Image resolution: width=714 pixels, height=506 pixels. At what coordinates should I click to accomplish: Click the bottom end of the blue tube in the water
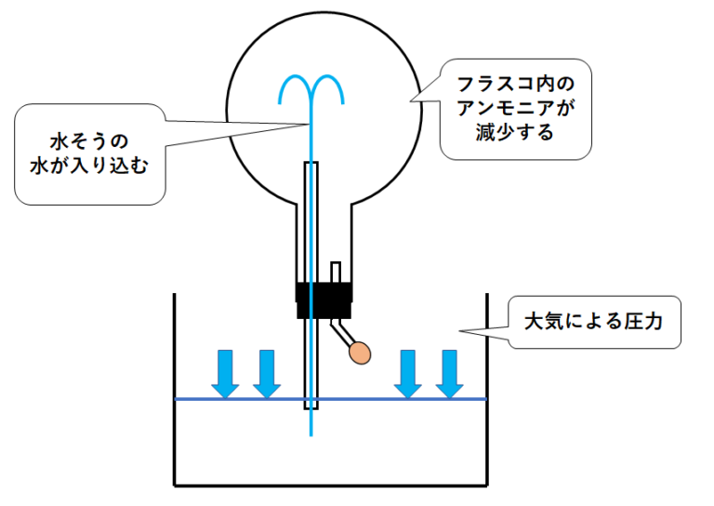tap(311, 432)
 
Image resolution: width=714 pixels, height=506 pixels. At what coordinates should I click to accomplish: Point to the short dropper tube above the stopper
tap(336, 272)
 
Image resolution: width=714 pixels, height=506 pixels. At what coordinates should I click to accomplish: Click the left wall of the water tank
tap(176, 391)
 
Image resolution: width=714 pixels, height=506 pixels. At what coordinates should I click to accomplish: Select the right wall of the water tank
tap(487, 391)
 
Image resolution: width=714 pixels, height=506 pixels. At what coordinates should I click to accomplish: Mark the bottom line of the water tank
tap(331, 485)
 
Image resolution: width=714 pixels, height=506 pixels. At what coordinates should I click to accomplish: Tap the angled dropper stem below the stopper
tap(340, 330)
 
